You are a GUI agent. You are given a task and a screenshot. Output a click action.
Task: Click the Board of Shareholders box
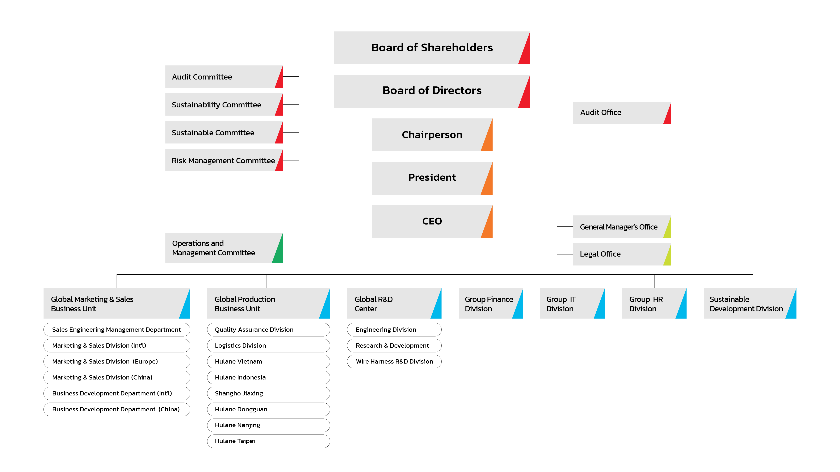pos(432,48)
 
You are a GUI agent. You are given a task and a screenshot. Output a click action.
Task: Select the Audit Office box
pos(622,113)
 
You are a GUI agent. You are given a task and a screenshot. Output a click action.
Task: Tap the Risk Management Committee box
pos(224,160)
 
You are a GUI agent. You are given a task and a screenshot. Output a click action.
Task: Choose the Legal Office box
pos(622,254)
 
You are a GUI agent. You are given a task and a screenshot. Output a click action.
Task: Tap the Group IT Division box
pos(572,303)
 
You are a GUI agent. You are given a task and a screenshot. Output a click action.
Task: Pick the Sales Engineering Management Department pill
pos(116,329)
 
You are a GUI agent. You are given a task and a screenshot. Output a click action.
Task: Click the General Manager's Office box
pos(622,227)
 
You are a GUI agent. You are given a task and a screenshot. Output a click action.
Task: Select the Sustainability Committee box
pos(224,104)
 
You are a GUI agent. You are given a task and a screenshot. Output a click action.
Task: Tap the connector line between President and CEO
pos(432,200)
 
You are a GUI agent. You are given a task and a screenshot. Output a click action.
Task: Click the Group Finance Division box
pos(490,303)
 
